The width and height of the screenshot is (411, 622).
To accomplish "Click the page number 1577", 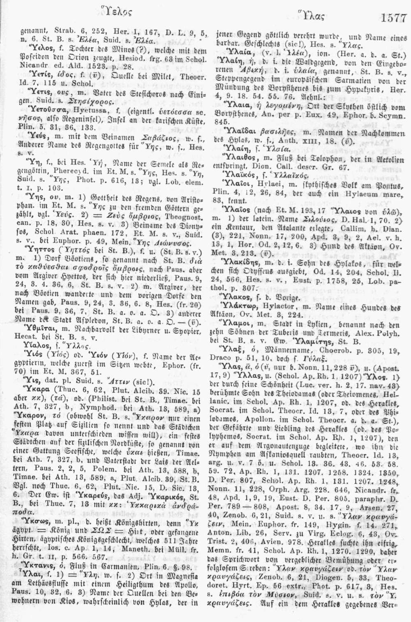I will (394, 18).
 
